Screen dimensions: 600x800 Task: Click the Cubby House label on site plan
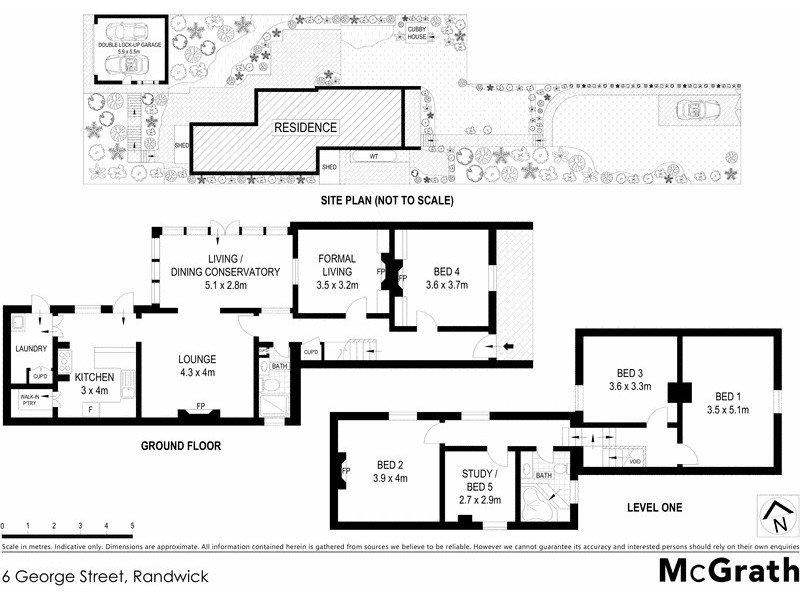pyautogui.click(x=416, y=32)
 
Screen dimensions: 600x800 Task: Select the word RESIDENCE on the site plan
pyautogui.click(x=306, y=128)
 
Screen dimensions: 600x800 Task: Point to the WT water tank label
pyautogui.click(x=372, y=157)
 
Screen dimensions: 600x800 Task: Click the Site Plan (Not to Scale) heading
pyautogui.click(x=387, y=201)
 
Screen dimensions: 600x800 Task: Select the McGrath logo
pyautogui.click(x=727, y=572)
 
